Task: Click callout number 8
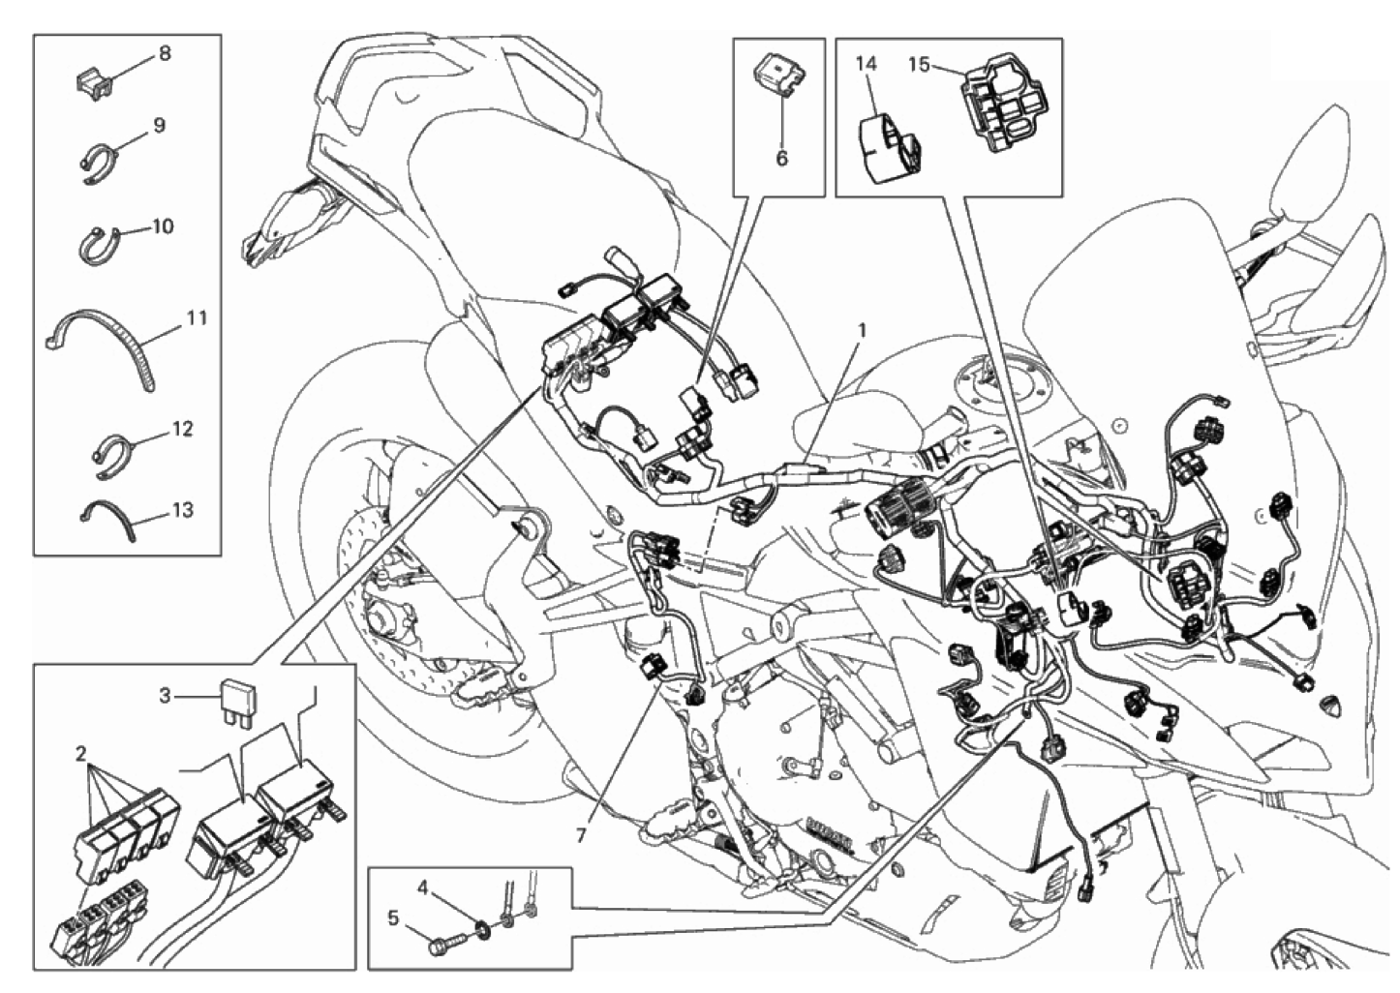[164, 53]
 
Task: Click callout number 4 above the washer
[423, 886]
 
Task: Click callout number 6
[781, 158]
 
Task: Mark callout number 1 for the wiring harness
[861, 330]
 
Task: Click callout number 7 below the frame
[581, 834]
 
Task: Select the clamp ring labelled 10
[97, 246]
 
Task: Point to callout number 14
[866, 64]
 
